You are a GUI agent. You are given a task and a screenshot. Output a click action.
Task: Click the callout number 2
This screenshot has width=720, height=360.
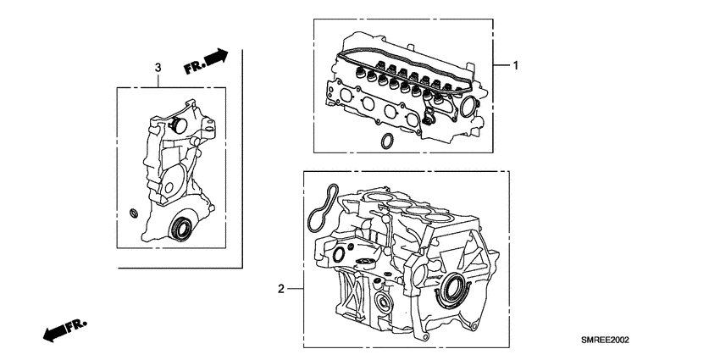tap(281, 289)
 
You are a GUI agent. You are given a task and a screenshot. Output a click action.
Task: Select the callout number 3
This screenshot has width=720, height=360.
tap(157, 67)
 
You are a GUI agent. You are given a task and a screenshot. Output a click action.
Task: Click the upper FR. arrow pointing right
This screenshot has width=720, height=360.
tap(206, 62)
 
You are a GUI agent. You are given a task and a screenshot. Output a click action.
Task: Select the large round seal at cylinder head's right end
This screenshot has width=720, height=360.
tap(469, 107)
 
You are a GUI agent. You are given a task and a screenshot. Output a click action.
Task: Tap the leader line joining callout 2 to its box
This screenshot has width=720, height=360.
tap(296, 289)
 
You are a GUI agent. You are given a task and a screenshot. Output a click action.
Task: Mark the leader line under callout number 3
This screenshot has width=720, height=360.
tap(157, 81)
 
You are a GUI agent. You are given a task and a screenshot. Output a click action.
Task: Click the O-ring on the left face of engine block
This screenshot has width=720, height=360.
tap(339, 253)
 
